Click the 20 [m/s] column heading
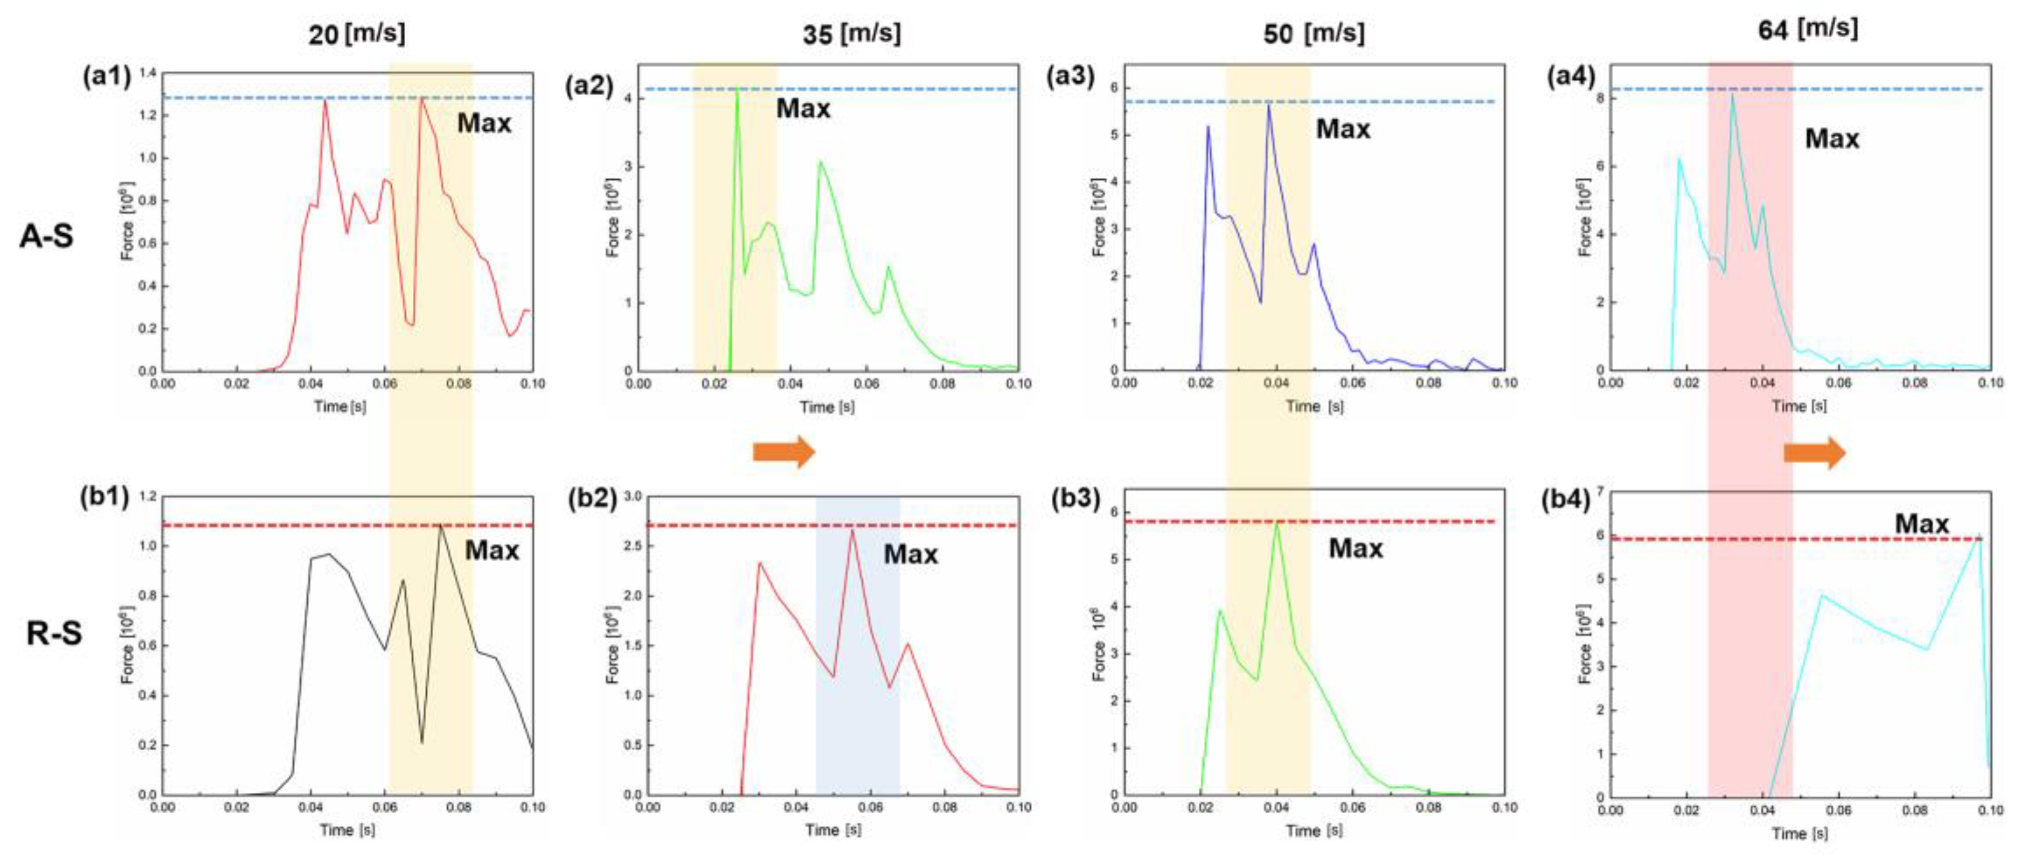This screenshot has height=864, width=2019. pos(357,33)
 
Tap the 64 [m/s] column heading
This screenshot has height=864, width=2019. pos(1805,30)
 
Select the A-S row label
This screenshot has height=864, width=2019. pos(47,235)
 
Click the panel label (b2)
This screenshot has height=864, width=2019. pos(592,499)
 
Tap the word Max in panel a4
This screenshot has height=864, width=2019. pos(1832,139)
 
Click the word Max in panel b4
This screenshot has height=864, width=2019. pos(1921,524)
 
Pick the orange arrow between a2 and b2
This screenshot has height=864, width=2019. pos(784,452)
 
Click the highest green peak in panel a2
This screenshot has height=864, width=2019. pos(737,90)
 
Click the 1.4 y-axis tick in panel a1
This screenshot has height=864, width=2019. pos(148,74)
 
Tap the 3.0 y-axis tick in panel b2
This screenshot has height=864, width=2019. pos(632,496)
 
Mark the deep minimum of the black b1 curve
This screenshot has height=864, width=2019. pos(422,741)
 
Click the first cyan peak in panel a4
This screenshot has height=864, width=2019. pos(1679,159)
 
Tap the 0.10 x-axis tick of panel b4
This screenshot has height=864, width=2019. pos(1990,810)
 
